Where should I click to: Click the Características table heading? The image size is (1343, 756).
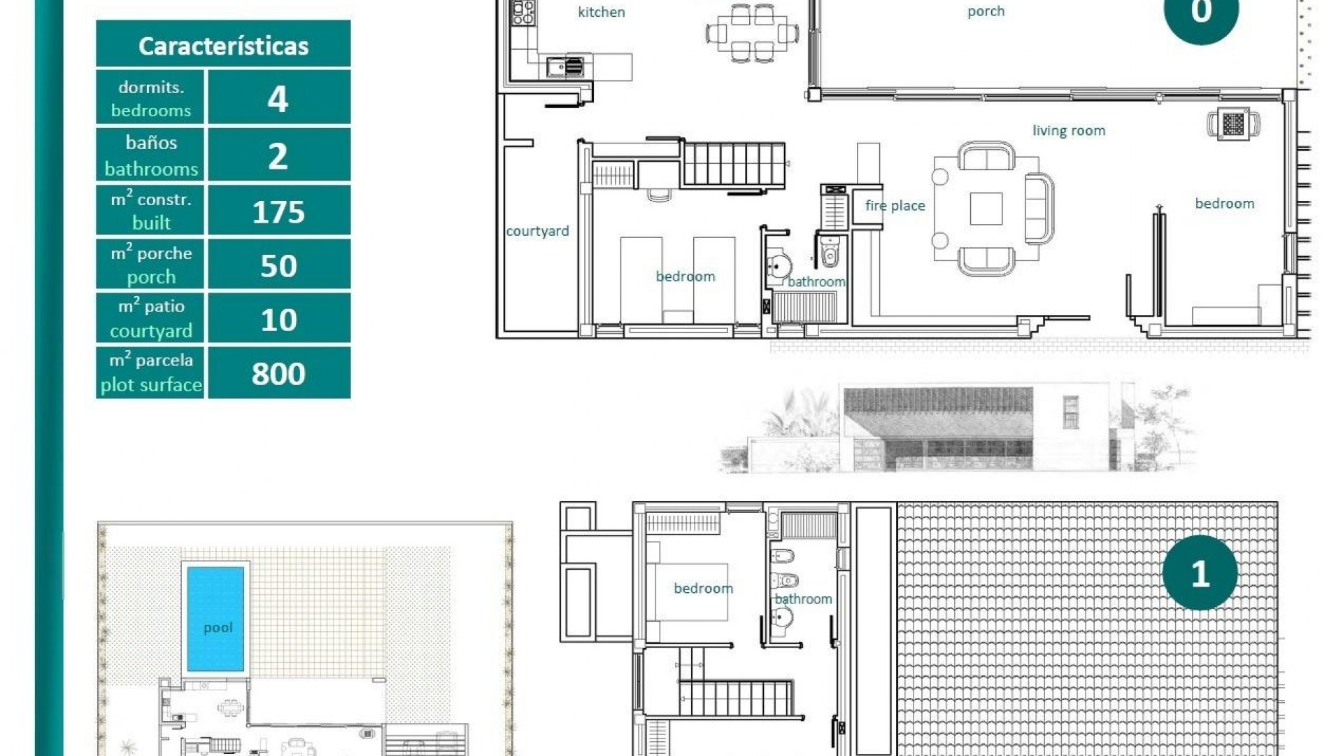223,45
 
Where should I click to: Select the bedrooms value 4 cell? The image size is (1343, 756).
278,98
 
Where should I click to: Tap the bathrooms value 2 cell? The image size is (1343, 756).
278,155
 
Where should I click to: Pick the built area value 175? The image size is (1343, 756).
278,211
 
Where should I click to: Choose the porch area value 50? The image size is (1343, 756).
278,265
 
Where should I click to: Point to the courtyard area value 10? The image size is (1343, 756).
278,319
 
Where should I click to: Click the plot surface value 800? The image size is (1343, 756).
278,373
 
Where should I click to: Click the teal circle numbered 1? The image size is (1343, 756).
1200,573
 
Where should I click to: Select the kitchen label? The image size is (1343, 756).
602,12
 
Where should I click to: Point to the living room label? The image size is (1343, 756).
1069,130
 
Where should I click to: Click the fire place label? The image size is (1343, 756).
895,205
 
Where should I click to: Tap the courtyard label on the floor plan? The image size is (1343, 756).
537,231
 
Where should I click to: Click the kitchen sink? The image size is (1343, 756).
565,67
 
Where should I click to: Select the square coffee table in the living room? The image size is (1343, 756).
986,209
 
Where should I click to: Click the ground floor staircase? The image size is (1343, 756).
734,164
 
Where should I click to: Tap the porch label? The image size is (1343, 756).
986,11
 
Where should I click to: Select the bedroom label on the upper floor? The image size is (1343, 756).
703,588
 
